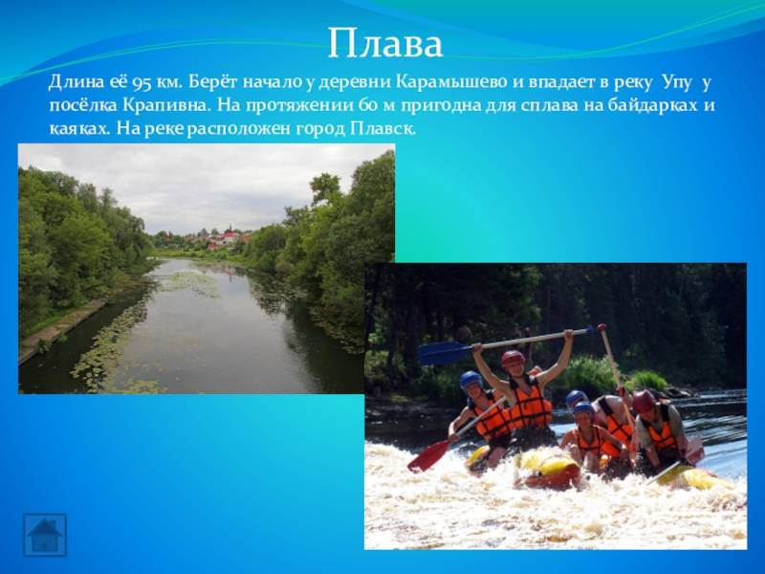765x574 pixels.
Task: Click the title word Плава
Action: [385, 43]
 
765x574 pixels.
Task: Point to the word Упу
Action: [677, 83]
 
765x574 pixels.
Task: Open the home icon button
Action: [44, 535]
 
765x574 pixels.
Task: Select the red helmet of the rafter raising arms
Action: [514, 358]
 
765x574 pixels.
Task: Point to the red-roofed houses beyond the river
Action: [225, 239]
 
